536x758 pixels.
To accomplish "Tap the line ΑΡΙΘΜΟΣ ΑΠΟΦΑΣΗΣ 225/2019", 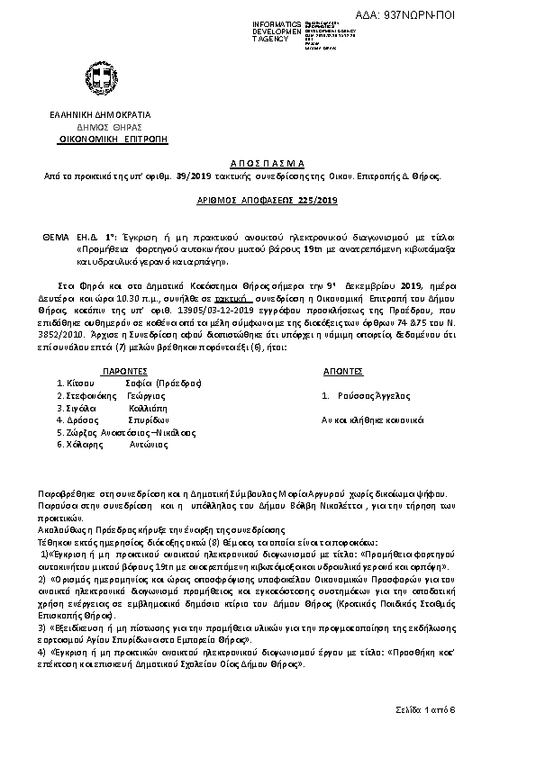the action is (x=268, y=201).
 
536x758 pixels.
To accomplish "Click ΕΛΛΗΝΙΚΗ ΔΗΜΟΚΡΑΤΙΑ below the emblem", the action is (x=99, y=115).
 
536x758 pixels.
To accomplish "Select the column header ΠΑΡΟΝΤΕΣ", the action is (x=120, y=370).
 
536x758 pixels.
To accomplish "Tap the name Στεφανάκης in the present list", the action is (x=86, y=395).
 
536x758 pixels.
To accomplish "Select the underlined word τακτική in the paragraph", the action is (x=231, y=295).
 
